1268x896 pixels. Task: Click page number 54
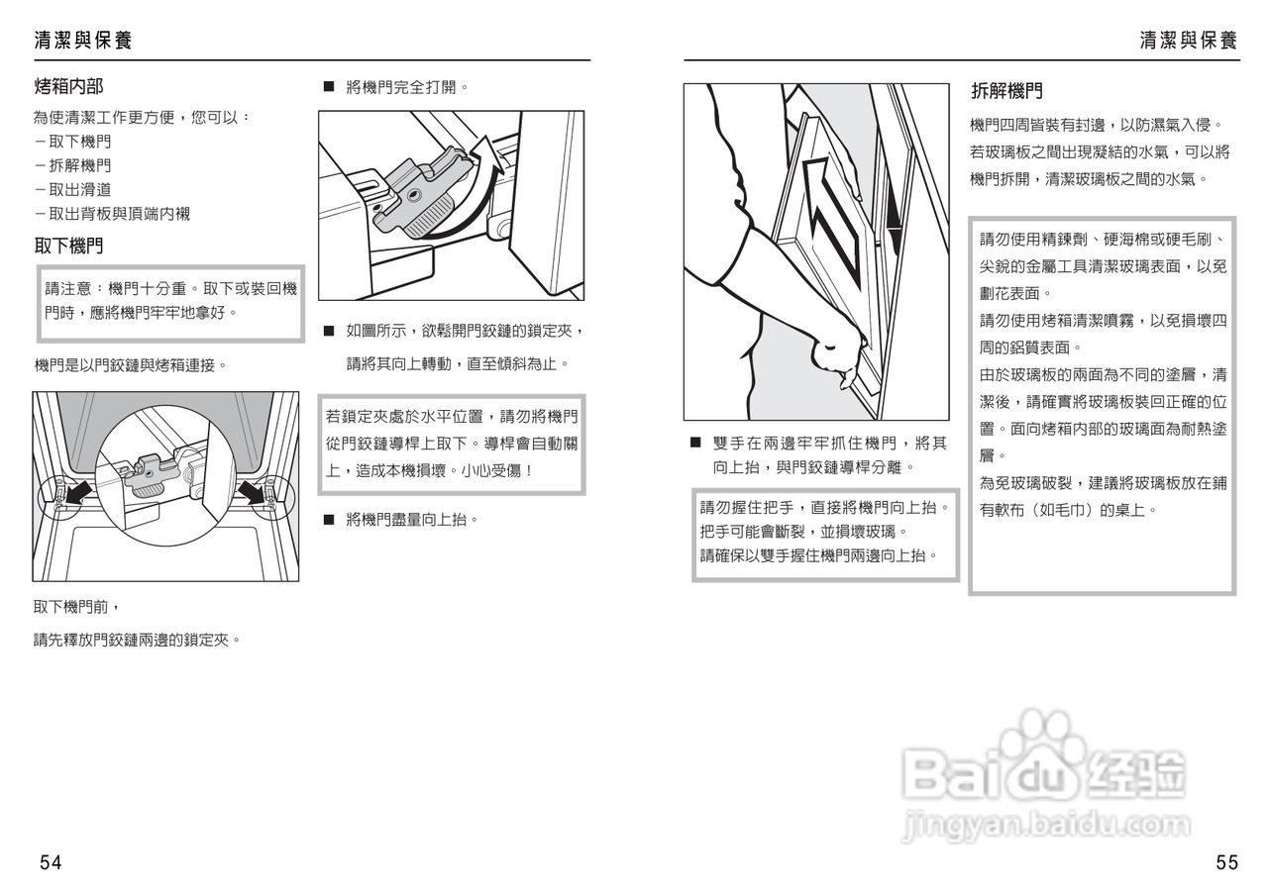pyautogui.click(x=51, y=862)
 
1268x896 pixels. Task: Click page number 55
pyautogui.click(x=1226, y=862)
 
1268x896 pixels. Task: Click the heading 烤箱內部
pyautogui.click(x=68, y=87)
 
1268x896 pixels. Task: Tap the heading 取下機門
pyautogui.click(x=68, y=246)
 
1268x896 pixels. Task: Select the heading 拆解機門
pyautogui.click(x=1006, y=92)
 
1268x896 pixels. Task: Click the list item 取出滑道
pyautogui.click(x=72, y=189)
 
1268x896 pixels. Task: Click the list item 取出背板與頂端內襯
pyautogui.click(x=111, y=213)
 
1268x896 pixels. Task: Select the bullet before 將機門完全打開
pyautogui.click(x=329, y=87)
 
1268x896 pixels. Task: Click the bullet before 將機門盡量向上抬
pyautogui.click(x=329, y=519)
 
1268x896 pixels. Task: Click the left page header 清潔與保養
pyautogui.click(x=82, y=41)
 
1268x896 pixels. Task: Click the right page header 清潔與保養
pyautogui.click(x=1188, y=41)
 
